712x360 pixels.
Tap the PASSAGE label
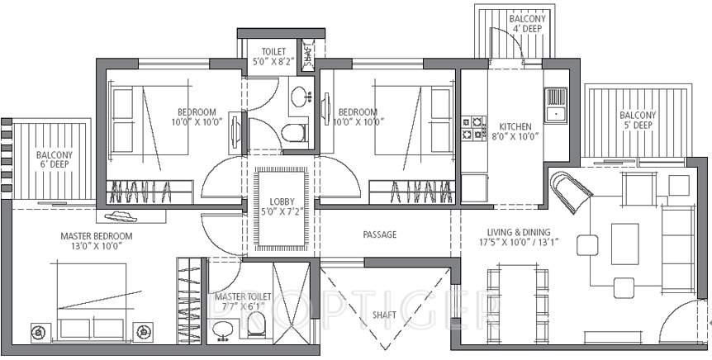coord(380,234)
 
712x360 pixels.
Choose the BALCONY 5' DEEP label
coord(638,121)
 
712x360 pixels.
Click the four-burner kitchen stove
coord(473,126)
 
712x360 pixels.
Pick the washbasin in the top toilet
coord(299,96)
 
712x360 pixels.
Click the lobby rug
coord(282,208)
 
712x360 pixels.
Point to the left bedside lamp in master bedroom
coord(37,332)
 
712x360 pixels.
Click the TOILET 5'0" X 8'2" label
coord(273,55)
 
